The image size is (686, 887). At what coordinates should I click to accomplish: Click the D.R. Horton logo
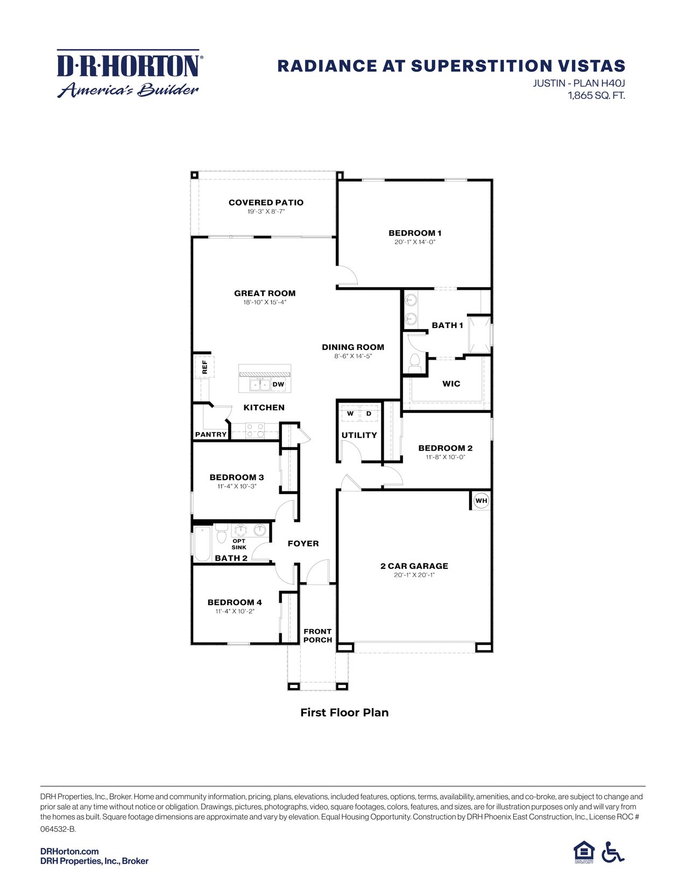pos(129,74)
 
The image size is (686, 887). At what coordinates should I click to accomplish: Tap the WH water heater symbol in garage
pos(481,501)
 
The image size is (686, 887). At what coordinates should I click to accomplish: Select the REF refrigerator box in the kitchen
pos(204,367)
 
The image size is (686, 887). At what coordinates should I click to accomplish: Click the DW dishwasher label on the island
pos(278,384)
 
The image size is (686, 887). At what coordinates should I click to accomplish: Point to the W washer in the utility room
pos(350,414)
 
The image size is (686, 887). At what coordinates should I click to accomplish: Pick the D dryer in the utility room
pos(369,414)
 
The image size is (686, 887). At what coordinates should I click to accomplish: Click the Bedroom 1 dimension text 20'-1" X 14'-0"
pos(415,242)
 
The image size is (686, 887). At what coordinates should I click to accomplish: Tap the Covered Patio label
pos(266,203)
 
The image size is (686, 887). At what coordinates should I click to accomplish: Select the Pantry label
pos(211,434)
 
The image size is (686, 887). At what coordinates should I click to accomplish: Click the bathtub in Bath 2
pos(202,543)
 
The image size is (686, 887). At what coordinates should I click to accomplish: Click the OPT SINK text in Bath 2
pos(239,544)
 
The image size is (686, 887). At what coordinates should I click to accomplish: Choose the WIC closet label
pos(451,384)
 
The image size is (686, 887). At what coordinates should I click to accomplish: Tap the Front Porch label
pos(317,636)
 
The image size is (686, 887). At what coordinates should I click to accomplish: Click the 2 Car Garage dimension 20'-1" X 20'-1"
pos(414,575)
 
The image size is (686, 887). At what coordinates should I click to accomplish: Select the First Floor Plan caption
pos(344,713)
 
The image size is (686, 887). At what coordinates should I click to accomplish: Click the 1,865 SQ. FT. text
pos(596,96)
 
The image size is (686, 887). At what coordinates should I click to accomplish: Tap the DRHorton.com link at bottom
pos(69,852)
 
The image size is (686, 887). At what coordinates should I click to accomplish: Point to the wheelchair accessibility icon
pos(612,853)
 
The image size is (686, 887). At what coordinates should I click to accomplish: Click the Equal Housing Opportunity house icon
pos(584,852)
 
